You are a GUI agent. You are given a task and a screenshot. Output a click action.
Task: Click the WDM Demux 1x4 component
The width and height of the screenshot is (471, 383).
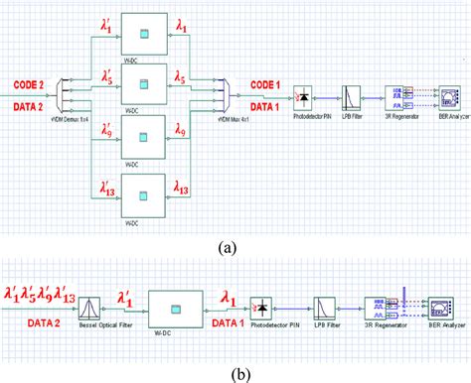(x=67, y=95)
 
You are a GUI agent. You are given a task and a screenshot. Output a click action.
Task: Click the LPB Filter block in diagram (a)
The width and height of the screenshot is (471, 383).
(x=351, y=95)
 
